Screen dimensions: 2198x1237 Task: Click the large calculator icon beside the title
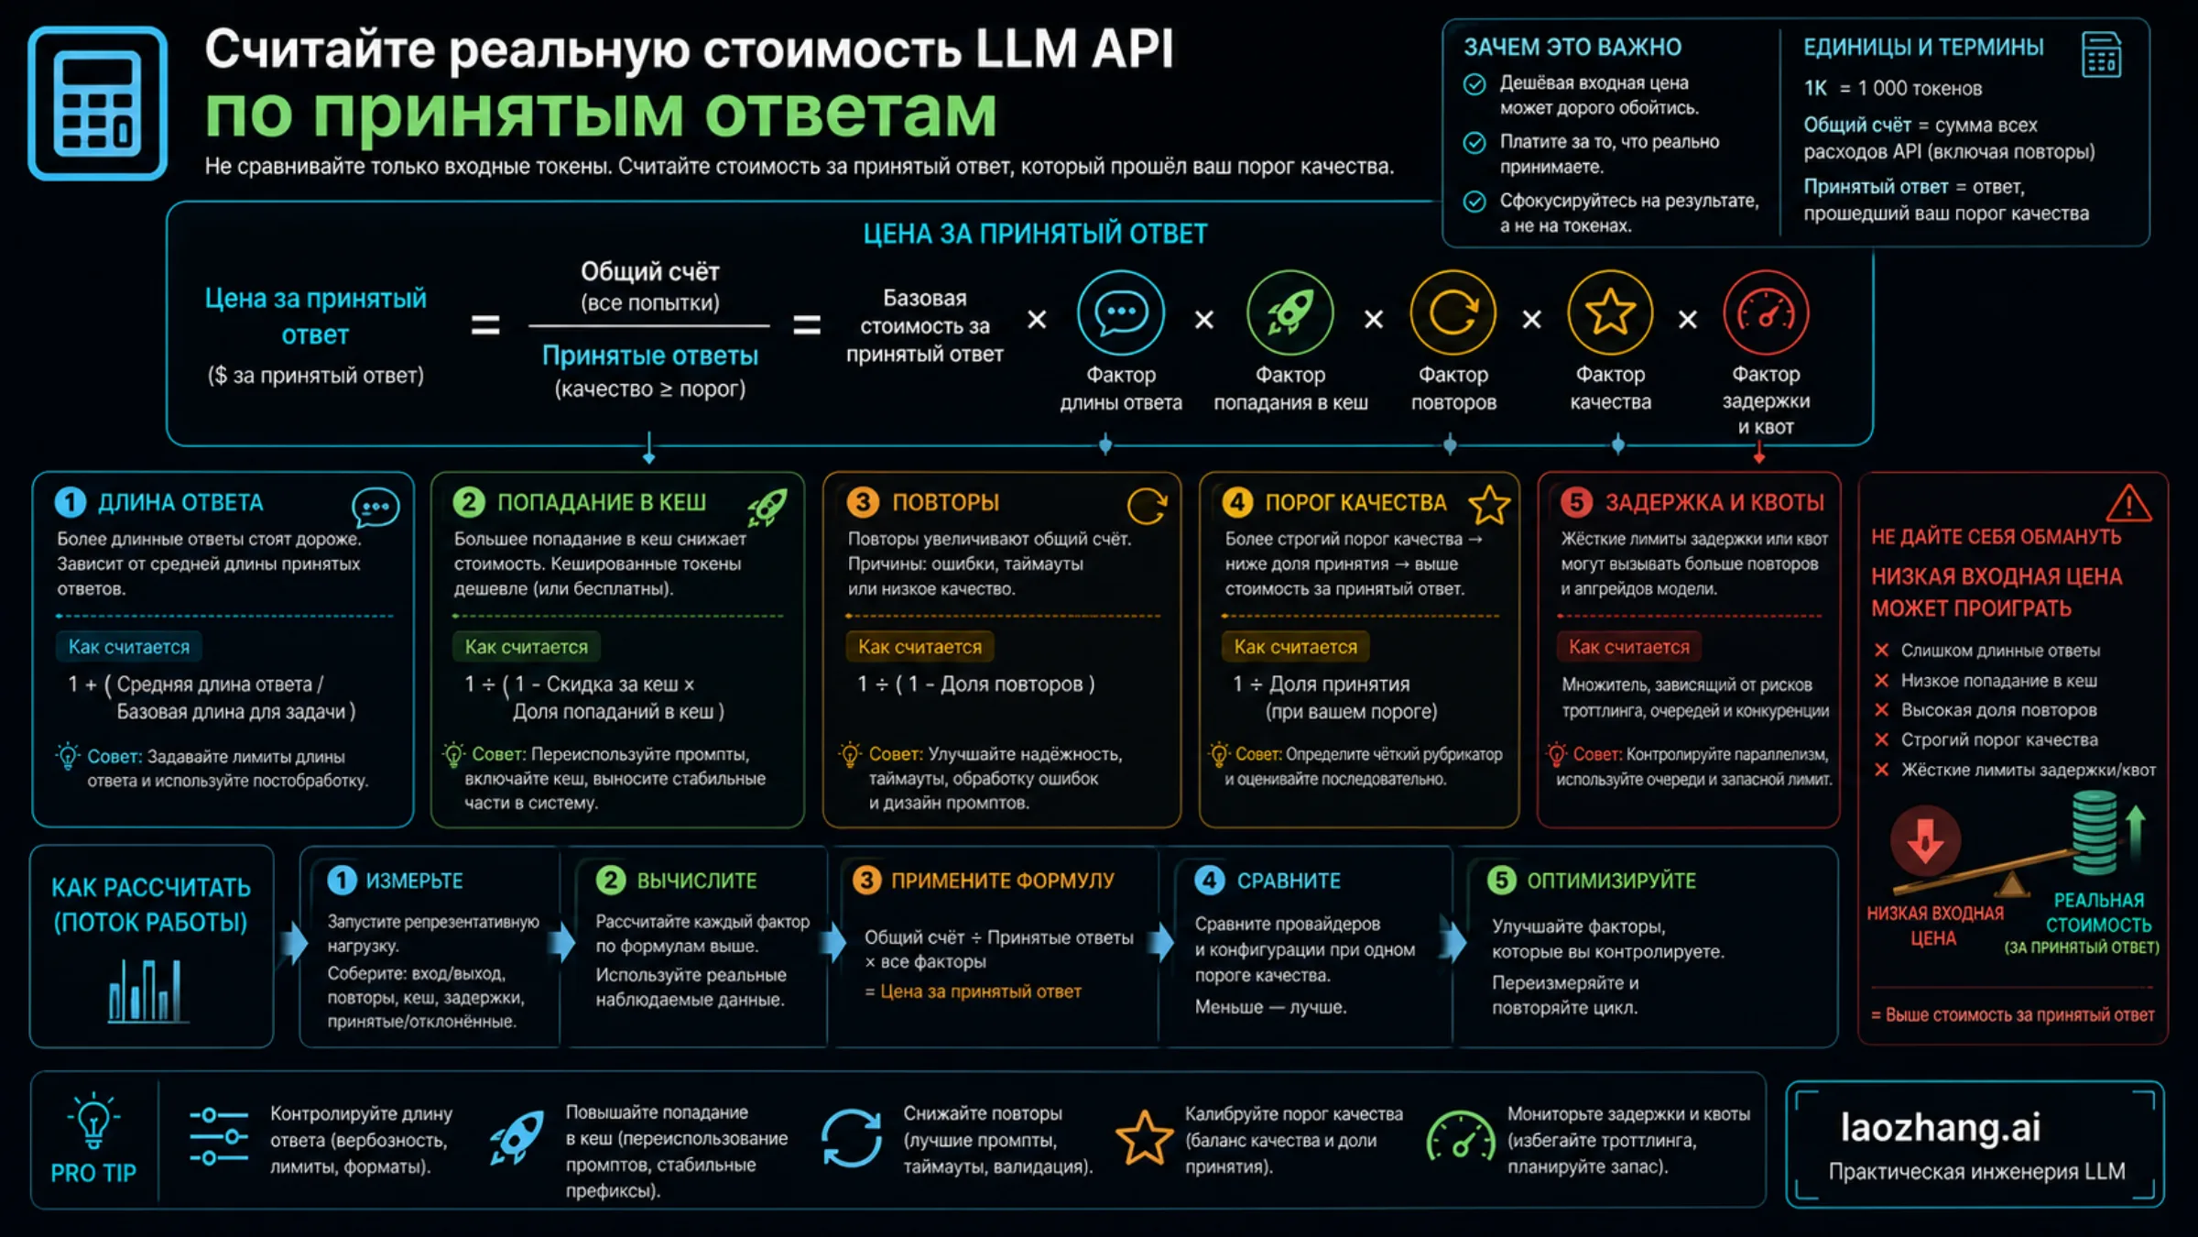tap(97, 103)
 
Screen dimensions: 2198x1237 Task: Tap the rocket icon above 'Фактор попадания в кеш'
tap(1289, 312)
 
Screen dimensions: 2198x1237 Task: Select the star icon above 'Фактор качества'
tap(1610, 312)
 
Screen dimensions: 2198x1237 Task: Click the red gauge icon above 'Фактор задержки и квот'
tap(1766, 312)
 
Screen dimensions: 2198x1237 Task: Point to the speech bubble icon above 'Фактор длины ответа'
tap(1121, 312)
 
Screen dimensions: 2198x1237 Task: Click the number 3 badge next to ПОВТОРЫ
tap(863, 502)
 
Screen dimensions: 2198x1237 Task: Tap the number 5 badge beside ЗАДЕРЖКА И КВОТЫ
tap(1576, 502)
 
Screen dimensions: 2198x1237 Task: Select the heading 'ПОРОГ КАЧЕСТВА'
tap(1355, 502)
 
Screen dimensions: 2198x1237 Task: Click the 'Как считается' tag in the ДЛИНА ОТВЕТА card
tap(129, 647)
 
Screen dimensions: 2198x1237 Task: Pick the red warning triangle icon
tap(2127, 502)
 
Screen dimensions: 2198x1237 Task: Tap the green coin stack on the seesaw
tap(2094, 832)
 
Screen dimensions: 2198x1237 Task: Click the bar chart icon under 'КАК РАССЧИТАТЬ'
tap(145, 991)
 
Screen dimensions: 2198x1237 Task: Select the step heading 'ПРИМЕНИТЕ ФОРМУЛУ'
tap(1002, 881)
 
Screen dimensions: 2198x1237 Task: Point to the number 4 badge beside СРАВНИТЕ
tap(1209, 881)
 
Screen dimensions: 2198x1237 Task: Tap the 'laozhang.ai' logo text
tap(1941, 1127)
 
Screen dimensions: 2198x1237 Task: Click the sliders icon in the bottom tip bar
tap(219, 1137)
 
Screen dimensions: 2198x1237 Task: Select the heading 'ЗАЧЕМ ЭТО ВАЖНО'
tap(1572, 47)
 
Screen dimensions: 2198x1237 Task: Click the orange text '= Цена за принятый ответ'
tap(973, 991)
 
